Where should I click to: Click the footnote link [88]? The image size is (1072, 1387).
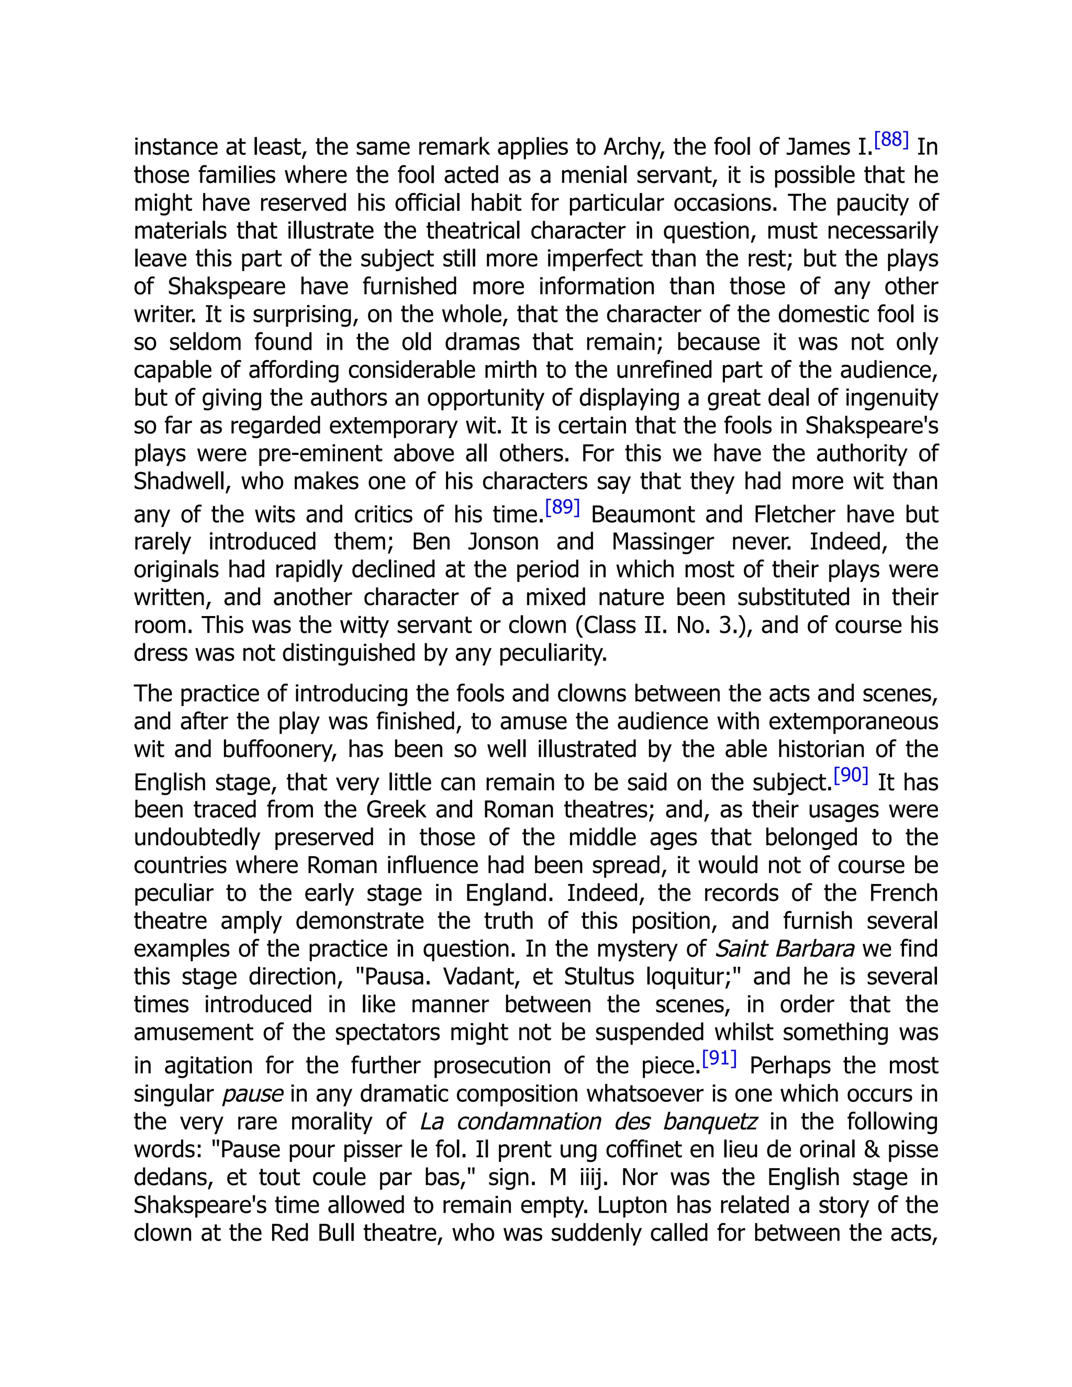[891, 140]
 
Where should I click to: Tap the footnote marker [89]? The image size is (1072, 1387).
[563, 507]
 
